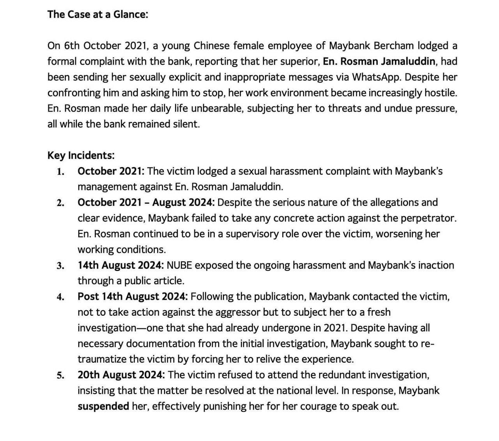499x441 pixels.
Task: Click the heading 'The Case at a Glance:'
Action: (97, 14)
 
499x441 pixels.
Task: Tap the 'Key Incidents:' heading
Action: (81, 155)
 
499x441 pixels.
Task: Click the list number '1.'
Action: (60, 171)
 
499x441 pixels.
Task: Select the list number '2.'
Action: (60, 203)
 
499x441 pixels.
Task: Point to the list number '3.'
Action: (60, 266)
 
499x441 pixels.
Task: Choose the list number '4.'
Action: (60, 297)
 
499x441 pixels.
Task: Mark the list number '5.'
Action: (60, 375)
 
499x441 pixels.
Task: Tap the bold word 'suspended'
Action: (103, 406)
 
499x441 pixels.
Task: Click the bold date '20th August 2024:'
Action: (121, 375)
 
